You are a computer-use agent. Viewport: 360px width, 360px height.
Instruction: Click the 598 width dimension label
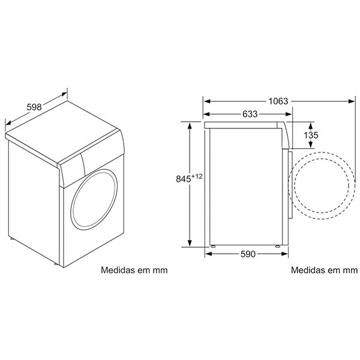34,107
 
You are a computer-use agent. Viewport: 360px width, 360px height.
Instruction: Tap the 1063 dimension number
278,101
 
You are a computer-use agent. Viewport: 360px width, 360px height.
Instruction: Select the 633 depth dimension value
250,114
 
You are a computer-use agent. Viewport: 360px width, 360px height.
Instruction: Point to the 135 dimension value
311,135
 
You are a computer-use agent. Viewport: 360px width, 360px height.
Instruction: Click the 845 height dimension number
184,179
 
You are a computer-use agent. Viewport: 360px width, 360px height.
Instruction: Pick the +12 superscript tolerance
197,176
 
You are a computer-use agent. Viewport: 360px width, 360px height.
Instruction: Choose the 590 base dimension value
248,254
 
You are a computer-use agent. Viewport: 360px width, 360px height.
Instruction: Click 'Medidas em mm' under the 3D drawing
134,270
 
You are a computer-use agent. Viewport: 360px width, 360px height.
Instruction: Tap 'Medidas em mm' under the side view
324,270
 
